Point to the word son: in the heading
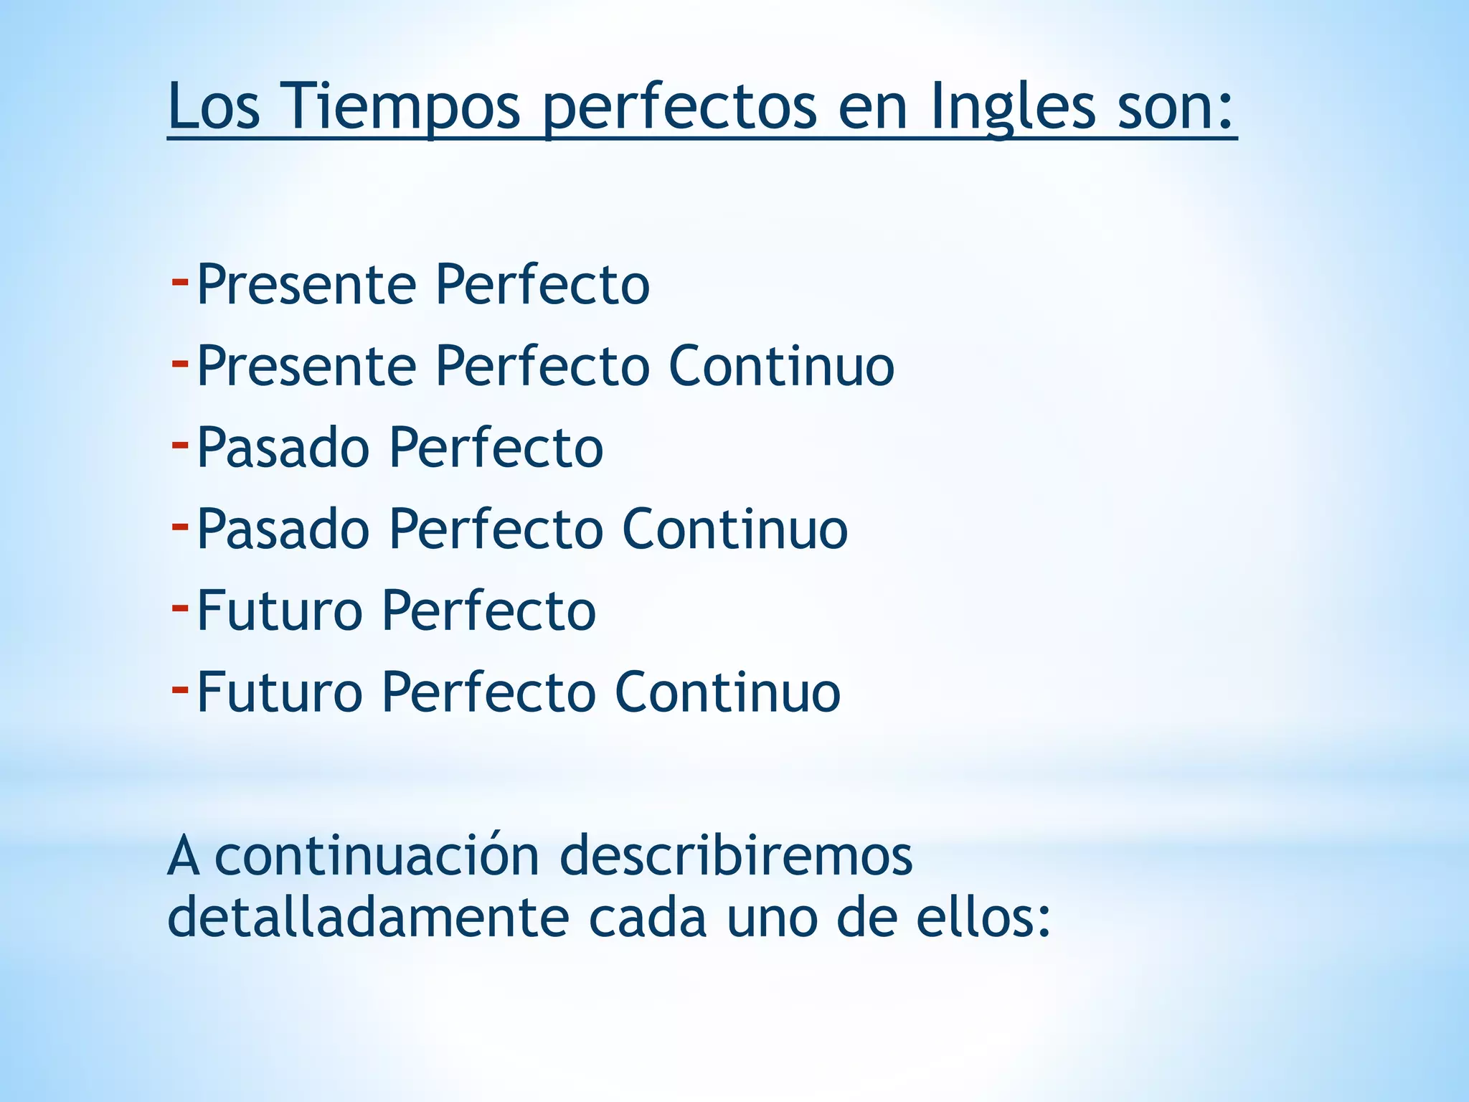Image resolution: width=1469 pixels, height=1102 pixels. click(1177, 106)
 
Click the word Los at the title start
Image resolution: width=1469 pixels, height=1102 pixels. click(214, 106)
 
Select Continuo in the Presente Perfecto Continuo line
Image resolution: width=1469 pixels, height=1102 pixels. click(782, 366)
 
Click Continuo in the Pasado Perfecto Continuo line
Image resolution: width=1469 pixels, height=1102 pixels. click(735, 529)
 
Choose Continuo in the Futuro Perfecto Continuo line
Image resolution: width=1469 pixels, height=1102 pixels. click(728, 692)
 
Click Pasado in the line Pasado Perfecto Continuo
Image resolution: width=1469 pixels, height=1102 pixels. click(283, 529)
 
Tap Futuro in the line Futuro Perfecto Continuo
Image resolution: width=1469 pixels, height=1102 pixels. click(280, 692)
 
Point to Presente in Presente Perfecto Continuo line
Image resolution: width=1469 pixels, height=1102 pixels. click(306, 366)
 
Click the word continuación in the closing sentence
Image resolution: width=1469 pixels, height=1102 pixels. click(377, 855)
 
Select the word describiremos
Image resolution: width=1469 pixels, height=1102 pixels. click(736, 855)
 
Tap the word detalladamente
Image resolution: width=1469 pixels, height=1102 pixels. click(368, 918)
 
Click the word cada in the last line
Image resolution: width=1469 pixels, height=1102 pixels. click(648, 918)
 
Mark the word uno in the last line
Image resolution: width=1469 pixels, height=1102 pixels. click(772, 918)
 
